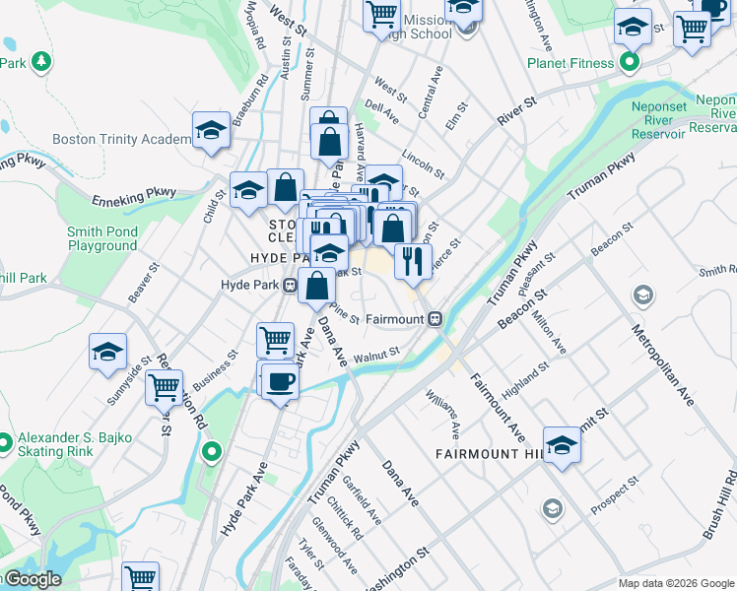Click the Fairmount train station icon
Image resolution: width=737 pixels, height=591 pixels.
click(435, 319)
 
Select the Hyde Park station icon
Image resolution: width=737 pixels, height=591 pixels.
click(291, 286)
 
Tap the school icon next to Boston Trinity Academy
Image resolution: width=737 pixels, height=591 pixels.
click(211, 131)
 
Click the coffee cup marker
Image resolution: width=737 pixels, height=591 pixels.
click(280, 381)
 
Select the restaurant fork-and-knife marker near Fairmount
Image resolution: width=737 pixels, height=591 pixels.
click(412, 260)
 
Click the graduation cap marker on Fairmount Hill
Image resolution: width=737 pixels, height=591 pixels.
click(562, 445)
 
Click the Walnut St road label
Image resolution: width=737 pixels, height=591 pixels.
click(376, 353)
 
